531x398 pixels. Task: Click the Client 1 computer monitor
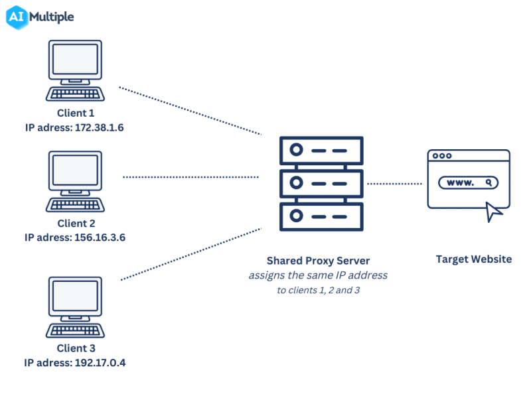coord(75,61)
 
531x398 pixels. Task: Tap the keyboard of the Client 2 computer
coord(75,204)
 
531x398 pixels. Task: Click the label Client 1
coord(76,113)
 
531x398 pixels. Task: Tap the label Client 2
coord(76,224)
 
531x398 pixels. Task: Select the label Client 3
coord(76,349)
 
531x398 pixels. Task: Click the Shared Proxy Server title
coord(318,261)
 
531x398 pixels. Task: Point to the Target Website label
coord(473,259)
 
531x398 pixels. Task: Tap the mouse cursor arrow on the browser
coord(493,211)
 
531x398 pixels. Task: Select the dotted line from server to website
coord(396,183)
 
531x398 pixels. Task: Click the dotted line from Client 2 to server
coord(190,177)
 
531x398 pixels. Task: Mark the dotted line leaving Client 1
coord(189,111)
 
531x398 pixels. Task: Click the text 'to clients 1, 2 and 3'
coord(318,291)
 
